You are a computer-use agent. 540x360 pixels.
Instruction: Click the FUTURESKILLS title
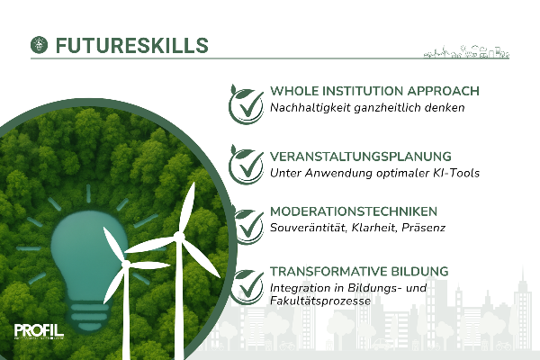click(132, 46)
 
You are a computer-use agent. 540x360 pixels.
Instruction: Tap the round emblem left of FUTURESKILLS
click(40, 45)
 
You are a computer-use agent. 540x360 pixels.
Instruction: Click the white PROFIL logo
click(39, 331)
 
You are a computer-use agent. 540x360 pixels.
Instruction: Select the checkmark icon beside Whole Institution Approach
click(247, 104)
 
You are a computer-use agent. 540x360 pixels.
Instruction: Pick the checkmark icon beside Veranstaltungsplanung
click(247, 165)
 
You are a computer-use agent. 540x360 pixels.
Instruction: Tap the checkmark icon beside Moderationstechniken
click(248, 226)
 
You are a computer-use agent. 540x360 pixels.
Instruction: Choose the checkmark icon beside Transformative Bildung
click(247, 286)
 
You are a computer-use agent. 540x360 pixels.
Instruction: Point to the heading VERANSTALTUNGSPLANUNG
click(361, 157)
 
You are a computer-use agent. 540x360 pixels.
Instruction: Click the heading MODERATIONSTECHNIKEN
click(354, 211)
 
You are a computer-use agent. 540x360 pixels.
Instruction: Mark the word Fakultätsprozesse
click(320, 301)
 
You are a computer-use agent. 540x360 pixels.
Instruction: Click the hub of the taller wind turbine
click(178, 236)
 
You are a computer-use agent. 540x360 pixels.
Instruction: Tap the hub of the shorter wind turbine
click(126, 264)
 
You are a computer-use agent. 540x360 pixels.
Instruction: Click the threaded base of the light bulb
click(89, 314)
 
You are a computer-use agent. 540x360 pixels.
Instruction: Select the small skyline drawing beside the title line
click(466, 51)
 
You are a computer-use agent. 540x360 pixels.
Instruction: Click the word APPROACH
click(444, 91)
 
